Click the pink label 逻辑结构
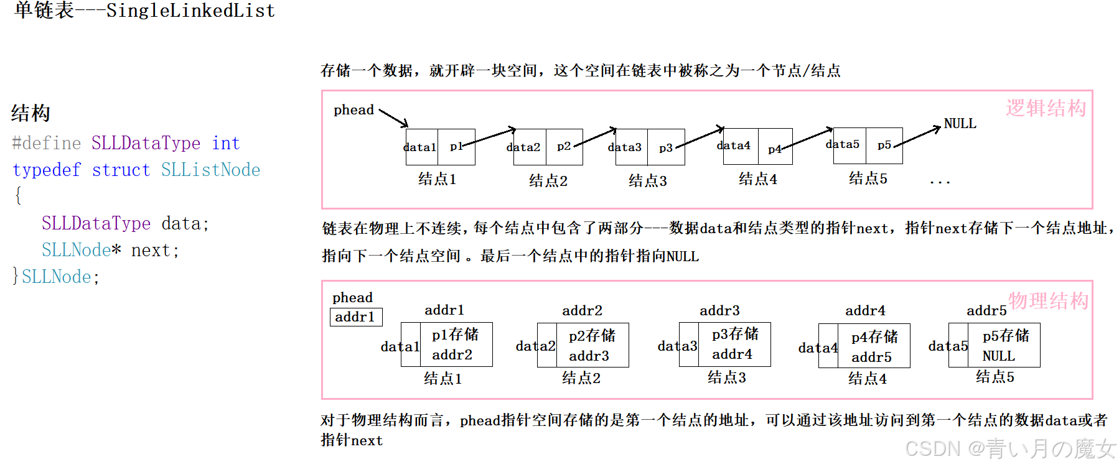[x=1046, y=108]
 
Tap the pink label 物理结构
[x=1048, y=301]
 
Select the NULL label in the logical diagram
[x=960, y=124]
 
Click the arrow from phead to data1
[x=393, y=118]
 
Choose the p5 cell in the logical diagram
[x=884, y=146]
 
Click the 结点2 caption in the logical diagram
[x=548, y=181]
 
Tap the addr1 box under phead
[x=355, y=317]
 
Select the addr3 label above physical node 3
[x=719, y=310]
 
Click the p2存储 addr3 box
[x=592, y=345]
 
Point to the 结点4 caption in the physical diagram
[x=867, y=378]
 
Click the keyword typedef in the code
[x=47, y=170]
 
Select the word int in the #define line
[x=225, y=143]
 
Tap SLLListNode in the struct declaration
[x=210, y=170]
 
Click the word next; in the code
[x=155, y=250]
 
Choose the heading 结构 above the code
[x=30, y=113]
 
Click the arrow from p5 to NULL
[x=918, y=137]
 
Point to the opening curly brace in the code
[x=18, y=196]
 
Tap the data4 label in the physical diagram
[x=817, y=348]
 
